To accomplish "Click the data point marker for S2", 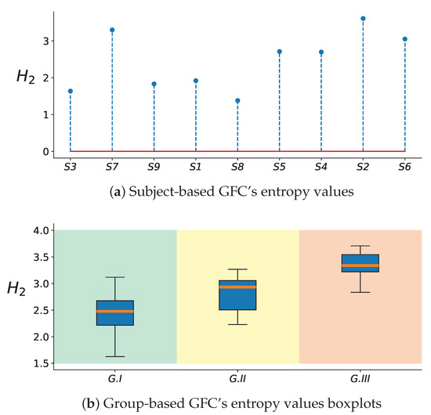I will coord(363,18).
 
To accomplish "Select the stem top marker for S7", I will coord(112,30).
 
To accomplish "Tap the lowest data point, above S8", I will coord(237,100).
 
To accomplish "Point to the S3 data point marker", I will coord(71,91).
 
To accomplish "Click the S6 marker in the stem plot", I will coord(404,38).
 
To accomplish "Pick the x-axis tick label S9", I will coord(154,168).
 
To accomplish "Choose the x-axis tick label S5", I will coord(279,168).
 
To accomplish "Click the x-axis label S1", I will coord(196,168).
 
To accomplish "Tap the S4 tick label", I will coord(321,168).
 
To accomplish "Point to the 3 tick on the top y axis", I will coord(46,41).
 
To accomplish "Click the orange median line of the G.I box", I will coord(115,311).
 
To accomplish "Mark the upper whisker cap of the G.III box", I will coord(360,246).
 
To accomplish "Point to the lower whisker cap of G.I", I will coord(115,357).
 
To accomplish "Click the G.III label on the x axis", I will coord(360,379).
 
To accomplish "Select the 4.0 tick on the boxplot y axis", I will coord(39,230).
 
